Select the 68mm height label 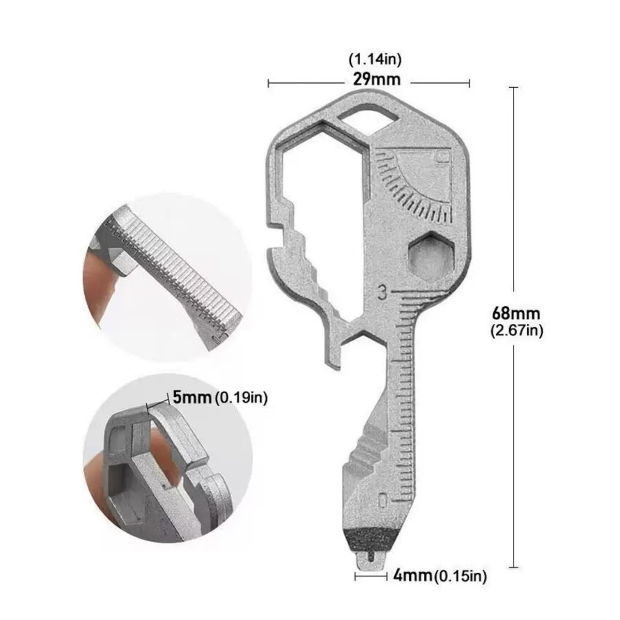(x=516, y=314)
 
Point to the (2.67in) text (x=516, y=331)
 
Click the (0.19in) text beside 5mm (x=240, y=398)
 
